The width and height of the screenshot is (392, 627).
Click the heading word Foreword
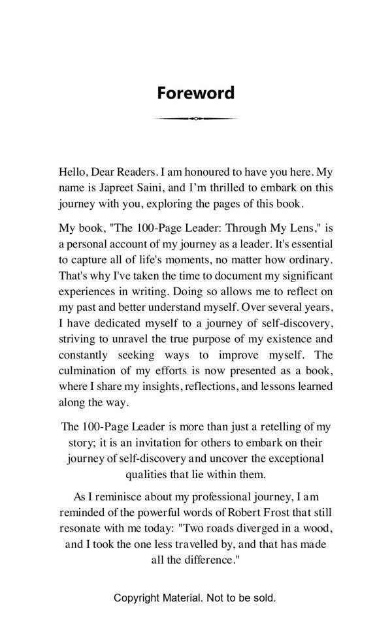tap(195, 93)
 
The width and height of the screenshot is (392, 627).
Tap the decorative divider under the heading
tap(195, 118)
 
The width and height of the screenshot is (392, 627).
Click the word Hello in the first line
tap(73, 172)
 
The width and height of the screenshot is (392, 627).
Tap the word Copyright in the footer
tap(137, 598)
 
